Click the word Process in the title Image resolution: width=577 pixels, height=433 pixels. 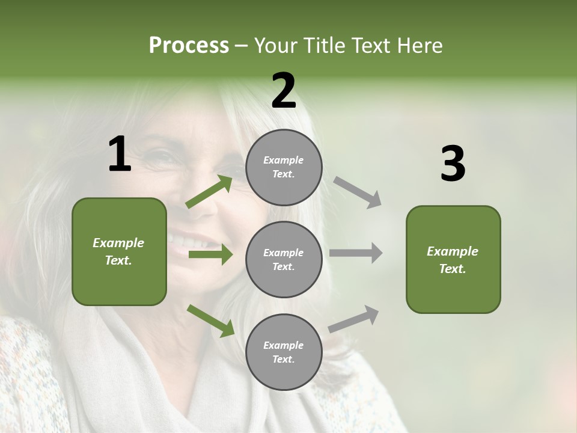(189, 46)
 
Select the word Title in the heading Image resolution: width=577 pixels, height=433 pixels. (323, 46)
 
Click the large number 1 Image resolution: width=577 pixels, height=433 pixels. (120, 155)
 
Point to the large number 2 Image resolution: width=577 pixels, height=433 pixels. (284, 91)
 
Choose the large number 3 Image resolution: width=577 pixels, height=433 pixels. (453, 164)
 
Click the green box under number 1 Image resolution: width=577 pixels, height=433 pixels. (119, 251)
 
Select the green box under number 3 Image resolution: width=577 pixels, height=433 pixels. (453, 260)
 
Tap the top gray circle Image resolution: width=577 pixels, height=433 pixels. (284, 167)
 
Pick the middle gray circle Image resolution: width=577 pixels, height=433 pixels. (284, 260)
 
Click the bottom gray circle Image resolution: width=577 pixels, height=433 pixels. (284, 352)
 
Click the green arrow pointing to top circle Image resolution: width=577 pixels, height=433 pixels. (209, 192)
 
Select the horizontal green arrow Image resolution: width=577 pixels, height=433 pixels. (210, 254)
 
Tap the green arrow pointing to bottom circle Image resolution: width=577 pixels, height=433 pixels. (210, 321)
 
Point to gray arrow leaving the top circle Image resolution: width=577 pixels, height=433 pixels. (358, 192)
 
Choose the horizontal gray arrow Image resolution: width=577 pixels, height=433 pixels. (356, 253)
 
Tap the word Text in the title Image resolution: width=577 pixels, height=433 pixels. (371, 46)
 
